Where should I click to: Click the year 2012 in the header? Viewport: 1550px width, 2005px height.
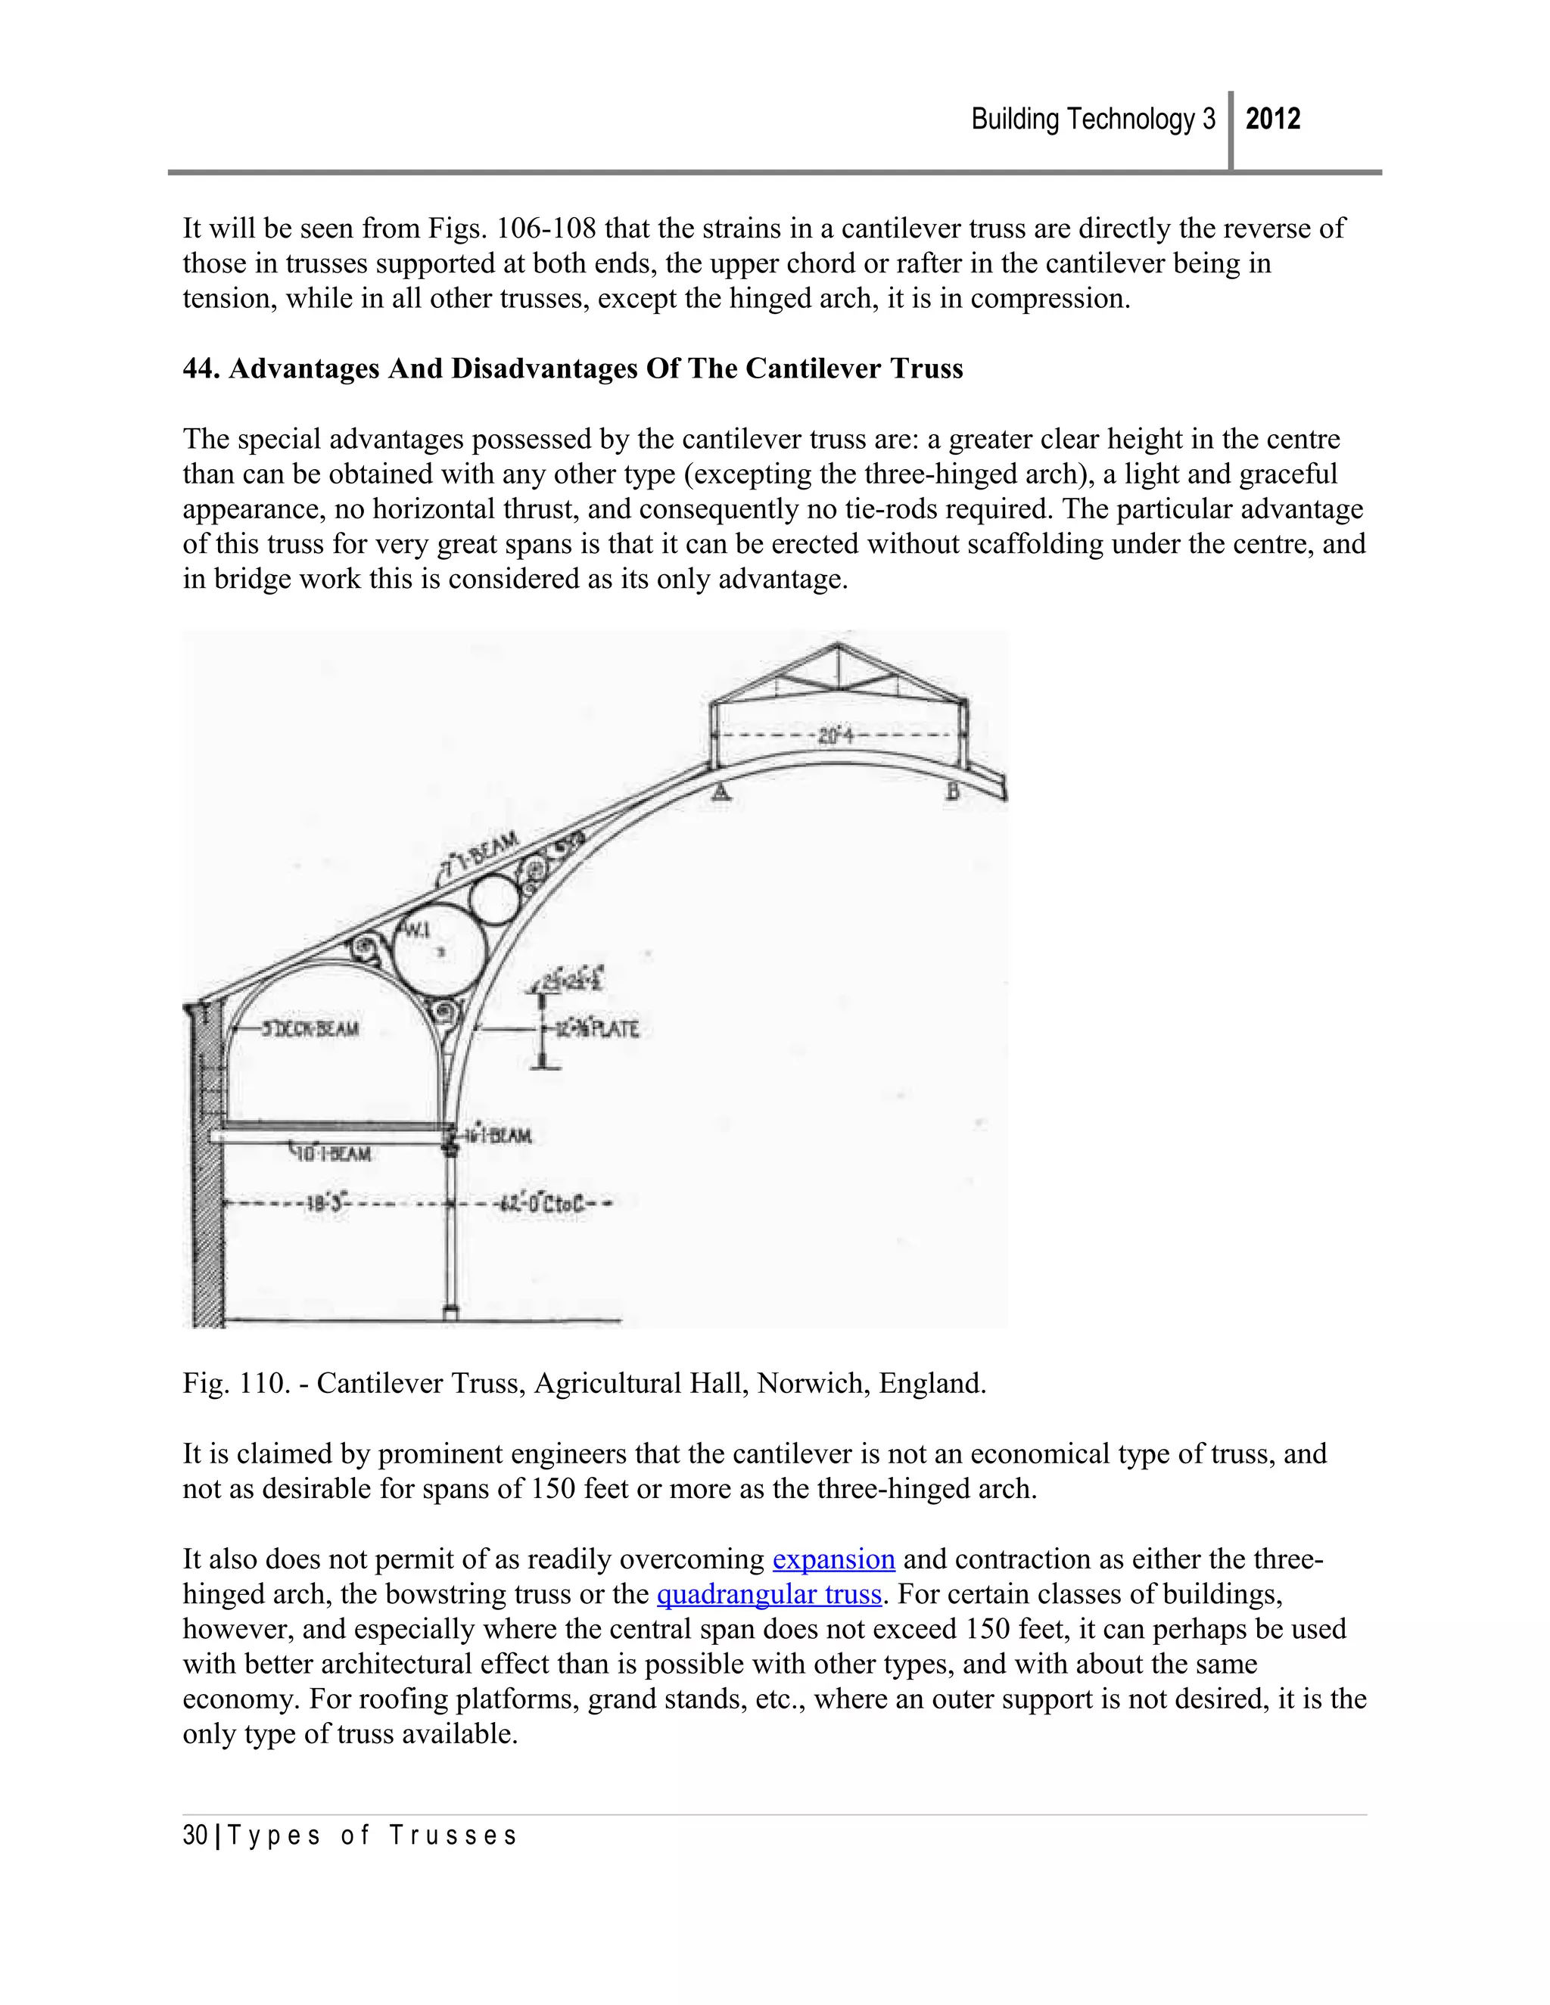pos(1273,120)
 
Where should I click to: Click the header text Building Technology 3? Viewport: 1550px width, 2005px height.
pos(1093,120)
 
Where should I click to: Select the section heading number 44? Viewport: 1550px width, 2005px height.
pos(201,369)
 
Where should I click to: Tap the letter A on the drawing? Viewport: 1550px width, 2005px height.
pos(722,791)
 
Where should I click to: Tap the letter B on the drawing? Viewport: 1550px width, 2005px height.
pos(953,791)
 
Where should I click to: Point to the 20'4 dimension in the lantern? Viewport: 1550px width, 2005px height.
pos(836,735)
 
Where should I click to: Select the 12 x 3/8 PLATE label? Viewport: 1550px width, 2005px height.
pos(598,1029)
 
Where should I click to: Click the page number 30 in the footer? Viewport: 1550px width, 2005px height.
pos(195,1836)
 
